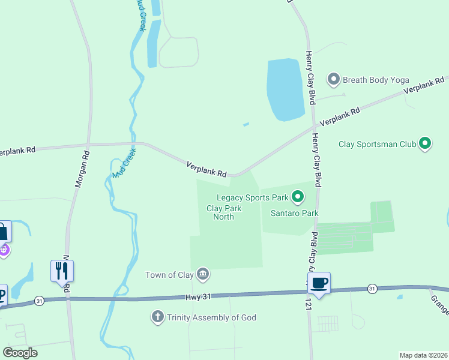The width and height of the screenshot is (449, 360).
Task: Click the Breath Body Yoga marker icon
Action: coord(333,79)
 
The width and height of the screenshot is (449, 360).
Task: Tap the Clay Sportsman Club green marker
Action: coord(425,143)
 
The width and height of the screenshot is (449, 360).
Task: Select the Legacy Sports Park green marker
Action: coord(297,196)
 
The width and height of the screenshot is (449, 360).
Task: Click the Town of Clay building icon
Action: coord(203,275)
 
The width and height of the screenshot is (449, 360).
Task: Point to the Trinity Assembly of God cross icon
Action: coord(158,317)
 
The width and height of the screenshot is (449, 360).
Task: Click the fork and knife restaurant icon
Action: coord(62,271)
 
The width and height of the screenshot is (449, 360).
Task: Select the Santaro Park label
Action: coord(294,213)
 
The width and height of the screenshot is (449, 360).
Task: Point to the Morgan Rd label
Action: coord(82,169)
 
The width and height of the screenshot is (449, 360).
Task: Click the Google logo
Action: coord(20,353)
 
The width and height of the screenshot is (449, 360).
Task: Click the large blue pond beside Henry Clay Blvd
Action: coord(285,88)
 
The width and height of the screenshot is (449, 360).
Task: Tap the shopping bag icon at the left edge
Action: coord(3,231)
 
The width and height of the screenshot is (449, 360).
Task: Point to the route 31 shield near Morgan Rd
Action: coord(40,300)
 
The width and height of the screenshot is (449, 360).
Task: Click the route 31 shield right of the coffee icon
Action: coord(372,289)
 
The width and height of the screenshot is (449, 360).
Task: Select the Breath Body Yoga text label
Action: coord(376,79)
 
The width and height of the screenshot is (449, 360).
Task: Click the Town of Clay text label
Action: coord(170,275)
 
